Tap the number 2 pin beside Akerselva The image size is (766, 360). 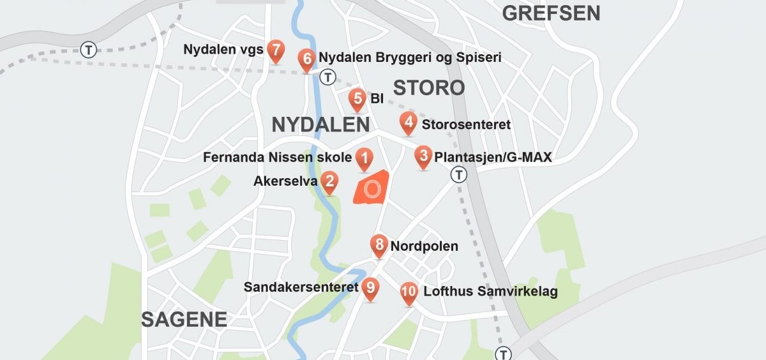329,183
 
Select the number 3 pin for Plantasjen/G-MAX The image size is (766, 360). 423,156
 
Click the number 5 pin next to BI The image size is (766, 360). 357,100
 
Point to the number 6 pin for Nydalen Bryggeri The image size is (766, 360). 307,60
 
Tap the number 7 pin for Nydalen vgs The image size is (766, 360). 276,50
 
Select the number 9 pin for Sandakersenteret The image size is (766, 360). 370,289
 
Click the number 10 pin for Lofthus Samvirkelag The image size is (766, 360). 410,293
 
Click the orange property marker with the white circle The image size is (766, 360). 372,188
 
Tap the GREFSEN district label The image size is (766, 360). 551,13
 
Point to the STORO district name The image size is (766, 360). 429,88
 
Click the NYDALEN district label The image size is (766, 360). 320,125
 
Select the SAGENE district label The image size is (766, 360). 184,319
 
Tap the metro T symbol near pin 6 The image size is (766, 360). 327,78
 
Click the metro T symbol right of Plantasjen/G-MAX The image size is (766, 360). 458,175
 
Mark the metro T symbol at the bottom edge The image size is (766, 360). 504,354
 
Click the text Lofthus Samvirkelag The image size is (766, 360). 490,292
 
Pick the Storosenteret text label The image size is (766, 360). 466,124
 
